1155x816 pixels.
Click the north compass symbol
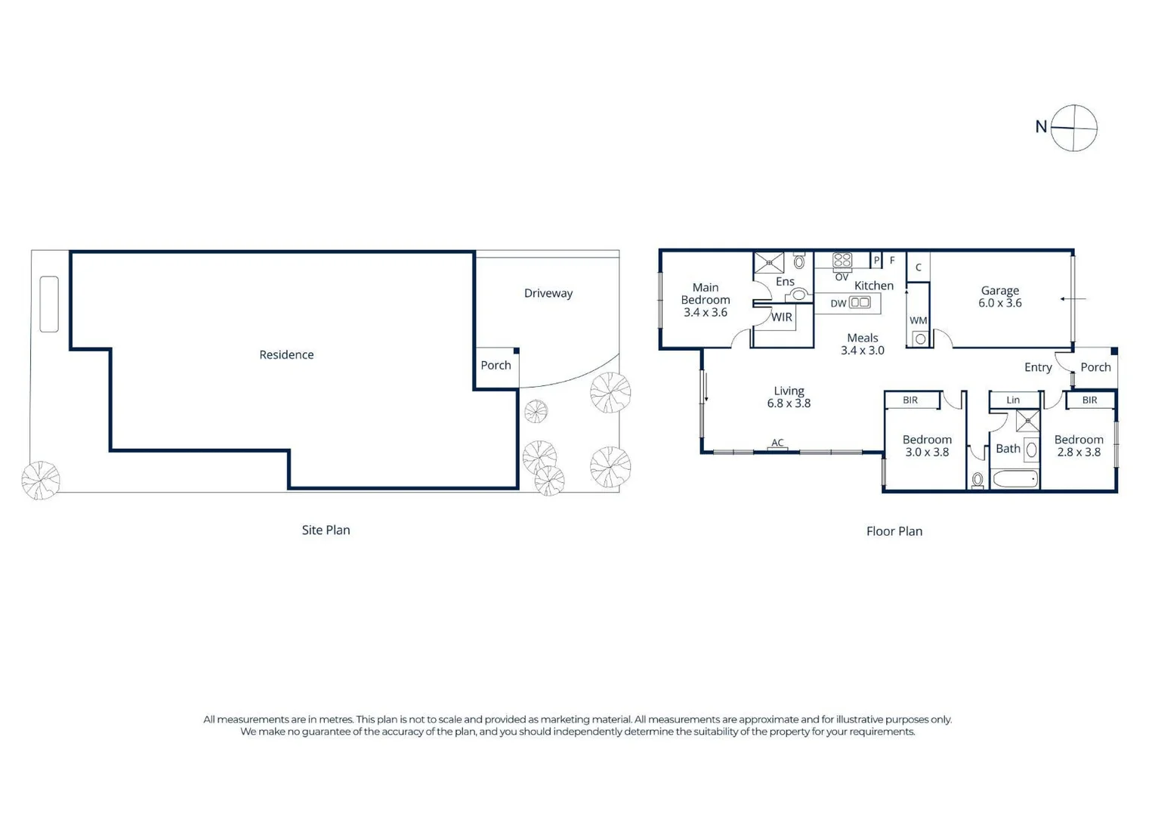1073,128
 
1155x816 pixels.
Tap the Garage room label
999,296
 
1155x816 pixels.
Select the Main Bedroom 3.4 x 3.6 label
705,300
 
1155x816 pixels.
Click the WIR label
781,317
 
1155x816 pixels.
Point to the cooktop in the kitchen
842,261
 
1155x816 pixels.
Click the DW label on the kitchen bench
838,304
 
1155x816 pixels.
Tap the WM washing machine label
918,320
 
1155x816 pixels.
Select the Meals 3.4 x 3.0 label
862,344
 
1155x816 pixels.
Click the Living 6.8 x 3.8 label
789,397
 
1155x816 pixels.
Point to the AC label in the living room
777,443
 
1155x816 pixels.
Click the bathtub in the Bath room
1014,479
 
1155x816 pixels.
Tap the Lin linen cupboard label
1012,400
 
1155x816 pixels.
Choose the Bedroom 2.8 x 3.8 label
1078,446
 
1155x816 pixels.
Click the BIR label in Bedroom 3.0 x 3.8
910,400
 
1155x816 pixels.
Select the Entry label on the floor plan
1037,367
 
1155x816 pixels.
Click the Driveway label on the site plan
548,293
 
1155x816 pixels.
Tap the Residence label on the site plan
286,354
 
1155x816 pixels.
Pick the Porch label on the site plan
496,365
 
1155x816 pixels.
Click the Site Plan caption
326,530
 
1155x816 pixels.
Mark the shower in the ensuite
769,263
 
